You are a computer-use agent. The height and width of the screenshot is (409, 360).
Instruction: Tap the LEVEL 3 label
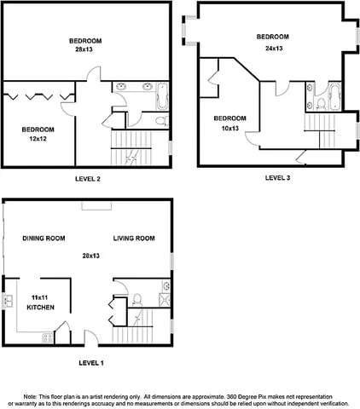(x=277, y=178)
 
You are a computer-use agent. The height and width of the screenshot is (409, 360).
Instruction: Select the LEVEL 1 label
(x=90, y=363)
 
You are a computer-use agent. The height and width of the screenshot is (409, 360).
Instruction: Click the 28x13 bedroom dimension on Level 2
(x=87, y=50)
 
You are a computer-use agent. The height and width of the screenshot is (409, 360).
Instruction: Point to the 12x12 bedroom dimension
(x=38, y=138)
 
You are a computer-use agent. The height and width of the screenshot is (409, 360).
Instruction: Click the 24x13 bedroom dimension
(x=273, y=48)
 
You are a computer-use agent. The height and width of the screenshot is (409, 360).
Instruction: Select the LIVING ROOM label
(x=134, y=239)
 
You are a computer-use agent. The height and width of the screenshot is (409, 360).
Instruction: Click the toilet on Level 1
(x=136, y=298)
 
